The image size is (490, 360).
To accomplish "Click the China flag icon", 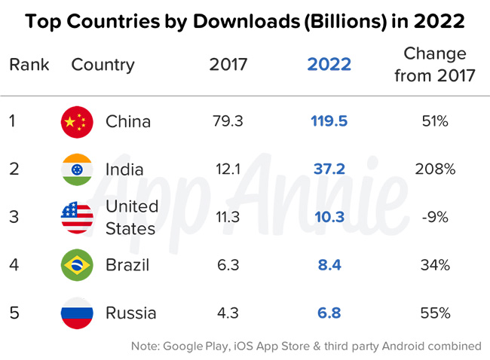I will click(77, 121).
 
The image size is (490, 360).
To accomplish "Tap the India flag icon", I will click(77, 169).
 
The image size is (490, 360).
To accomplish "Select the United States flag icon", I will click(77, 217).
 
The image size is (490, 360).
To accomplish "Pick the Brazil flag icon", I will click(77, 264).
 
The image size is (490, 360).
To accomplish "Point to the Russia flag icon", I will click(77, 313).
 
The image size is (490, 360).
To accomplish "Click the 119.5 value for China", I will click(329, 121).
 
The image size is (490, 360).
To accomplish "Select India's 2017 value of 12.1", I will click(228, 169).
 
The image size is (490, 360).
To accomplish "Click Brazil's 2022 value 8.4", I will click(329, 264).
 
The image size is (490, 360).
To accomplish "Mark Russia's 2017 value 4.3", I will click(228, 313).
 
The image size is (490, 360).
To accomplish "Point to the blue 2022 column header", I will click(329, 64).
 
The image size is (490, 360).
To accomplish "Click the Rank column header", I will click(29, 64).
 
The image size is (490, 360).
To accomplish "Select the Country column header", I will click(102, 64).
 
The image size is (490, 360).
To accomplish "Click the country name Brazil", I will click(127, 264).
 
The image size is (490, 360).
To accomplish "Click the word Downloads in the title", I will click(229, 21).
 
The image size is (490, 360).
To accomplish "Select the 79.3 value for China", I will click(228, 121).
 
